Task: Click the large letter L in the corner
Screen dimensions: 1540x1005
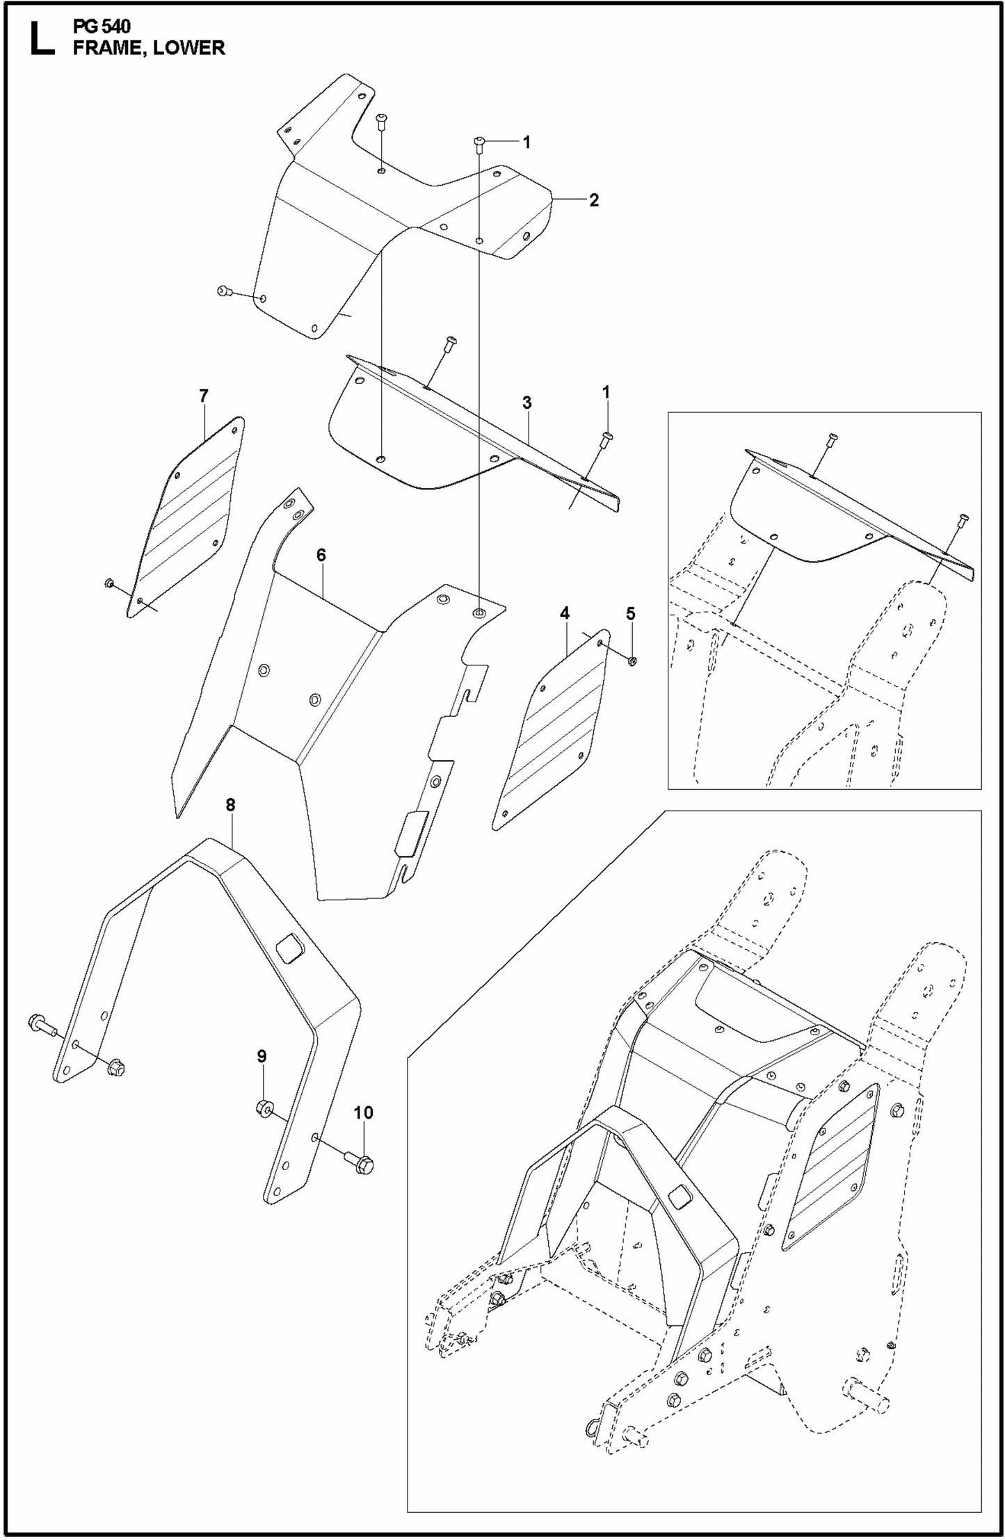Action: [x=41, y=40]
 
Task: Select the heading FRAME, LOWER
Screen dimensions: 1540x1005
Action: [x=149, y=48]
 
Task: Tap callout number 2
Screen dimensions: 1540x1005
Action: [x=593, y=200]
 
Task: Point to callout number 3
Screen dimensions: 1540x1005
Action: [x=527, y=403]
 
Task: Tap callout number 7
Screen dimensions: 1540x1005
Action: [x=203, y=396]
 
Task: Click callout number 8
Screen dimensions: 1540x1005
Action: [x=230, y=804]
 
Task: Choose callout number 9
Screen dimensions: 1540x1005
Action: [x=262, y=1076]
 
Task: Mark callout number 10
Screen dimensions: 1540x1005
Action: [x=363, y=1113]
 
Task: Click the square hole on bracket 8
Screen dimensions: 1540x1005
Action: [x=288, y=948]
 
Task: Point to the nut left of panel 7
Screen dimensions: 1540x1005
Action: [x=108, y=583]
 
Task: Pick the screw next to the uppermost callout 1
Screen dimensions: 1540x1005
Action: [x=480, y=143]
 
